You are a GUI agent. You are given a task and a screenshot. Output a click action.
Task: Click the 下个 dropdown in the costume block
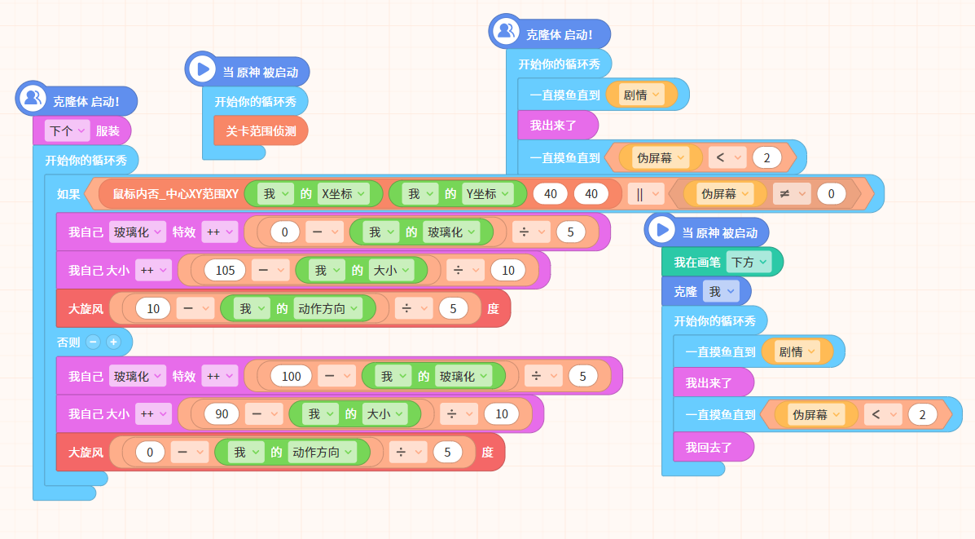pyautogui.click(x=67, y=130)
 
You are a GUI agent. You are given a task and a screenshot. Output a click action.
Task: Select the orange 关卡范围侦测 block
pyautogui.click(x=261, y=130)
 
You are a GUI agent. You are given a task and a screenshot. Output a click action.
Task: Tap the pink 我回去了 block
pyautogui.click(x=714, y=447)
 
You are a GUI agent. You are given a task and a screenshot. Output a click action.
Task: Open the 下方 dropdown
pyautogui.click(x=749, y=262)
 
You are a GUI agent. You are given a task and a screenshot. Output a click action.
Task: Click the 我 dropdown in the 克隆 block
pyautogui.click(x=722, y=291)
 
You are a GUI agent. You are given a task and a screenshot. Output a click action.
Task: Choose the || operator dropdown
pyautogui.click(x=646, y=194)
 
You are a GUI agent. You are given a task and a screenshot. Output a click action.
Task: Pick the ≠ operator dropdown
pyautogui.click(x=792, y=194)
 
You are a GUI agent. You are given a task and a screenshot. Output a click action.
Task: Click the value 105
pyautogui.click(x=225, y=270)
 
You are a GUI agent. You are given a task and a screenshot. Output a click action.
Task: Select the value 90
pyautogui.click(x=222, y=414)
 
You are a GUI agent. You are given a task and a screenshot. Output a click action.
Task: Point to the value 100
pyautogui.click(x=291, y=376)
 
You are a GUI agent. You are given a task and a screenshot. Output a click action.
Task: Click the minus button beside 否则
pyautogui.click(x=94, y=342)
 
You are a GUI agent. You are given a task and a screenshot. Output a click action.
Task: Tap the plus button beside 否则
pyautogui.click(x=113, y=342)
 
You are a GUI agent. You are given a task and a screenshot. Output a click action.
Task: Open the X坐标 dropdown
pyautogui.click(x=344, y=194)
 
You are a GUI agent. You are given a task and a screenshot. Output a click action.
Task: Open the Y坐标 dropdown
pyautogui.click(x=488, y=194)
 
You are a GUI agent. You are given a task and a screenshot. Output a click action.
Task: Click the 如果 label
pyautogui.click(x=68, y=194)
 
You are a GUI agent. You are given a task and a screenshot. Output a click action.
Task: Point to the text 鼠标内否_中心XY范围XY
pyautogui.click(x=176, y=194)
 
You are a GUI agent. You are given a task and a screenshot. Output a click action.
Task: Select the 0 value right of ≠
pyautogui.click(x=831, y=194)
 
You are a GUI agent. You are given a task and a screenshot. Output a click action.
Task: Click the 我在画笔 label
pyautogui.click(x=697, y=262)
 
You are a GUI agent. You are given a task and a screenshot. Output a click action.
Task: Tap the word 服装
pyautogui.click(x=108, y=130)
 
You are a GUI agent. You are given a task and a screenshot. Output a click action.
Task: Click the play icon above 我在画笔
pyautogui.click(x=661, y=230)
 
